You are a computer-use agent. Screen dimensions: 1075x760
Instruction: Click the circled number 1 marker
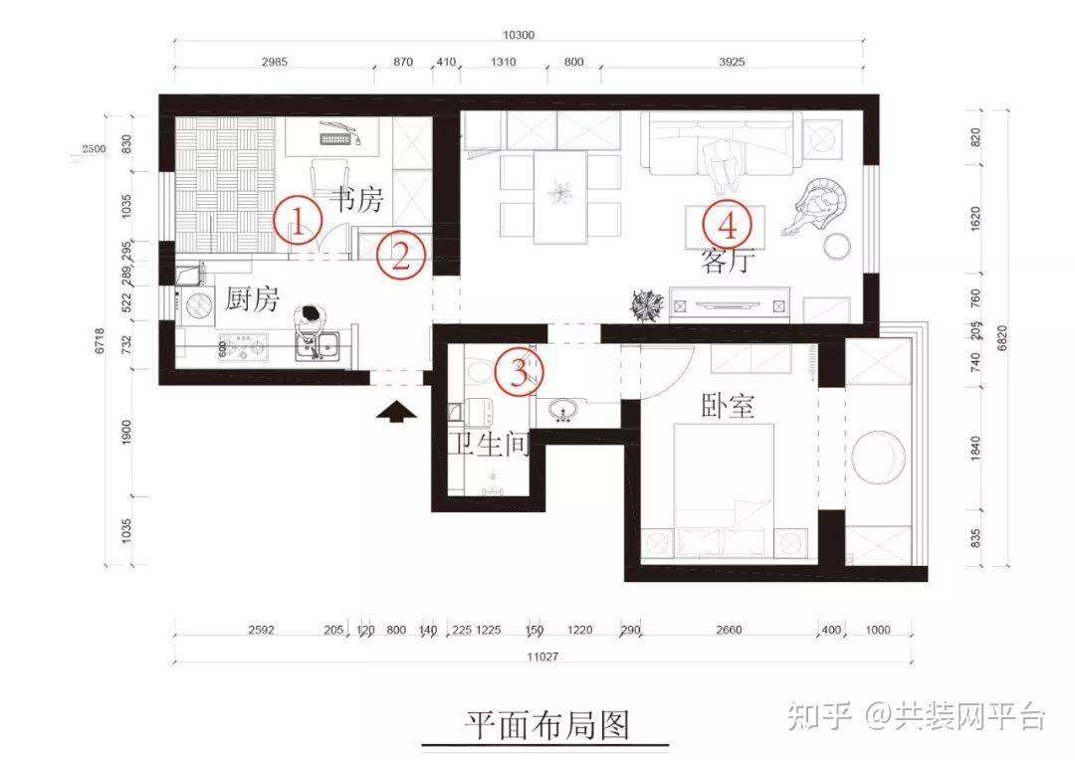point(299,221)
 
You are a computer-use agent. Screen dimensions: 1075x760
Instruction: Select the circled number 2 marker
point(400,255)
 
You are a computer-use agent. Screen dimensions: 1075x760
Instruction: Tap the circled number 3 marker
point(520,372)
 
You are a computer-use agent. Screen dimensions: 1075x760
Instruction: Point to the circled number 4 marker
point(728,224)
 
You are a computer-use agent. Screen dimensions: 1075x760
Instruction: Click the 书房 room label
point(356,199)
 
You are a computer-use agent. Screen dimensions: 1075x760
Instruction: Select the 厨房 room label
point(252,299)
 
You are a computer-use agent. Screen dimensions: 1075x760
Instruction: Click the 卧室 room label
point(728,406)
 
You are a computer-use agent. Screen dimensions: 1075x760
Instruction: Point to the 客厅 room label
point(728,260)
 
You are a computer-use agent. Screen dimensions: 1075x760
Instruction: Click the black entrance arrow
point(396,411)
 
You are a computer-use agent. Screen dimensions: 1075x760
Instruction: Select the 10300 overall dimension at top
point(519,35)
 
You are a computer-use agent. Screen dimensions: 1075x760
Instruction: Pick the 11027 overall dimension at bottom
point(542,657)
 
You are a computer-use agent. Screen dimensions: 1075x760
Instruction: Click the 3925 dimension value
point(732,62)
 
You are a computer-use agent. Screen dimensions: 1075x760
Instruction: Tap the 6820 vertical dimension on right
point(1002,338)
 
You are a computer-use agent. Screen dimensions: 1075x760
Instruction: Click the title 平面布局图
point(546,725)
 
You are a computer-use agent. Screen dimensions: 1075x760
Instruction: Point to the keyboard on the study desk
point(336,139)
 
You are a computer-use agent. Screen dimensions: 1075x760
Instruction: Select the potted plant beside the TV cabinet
point(647,305)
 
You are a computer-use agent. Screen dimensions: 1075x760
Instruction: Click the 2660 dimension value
point(729,630)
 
